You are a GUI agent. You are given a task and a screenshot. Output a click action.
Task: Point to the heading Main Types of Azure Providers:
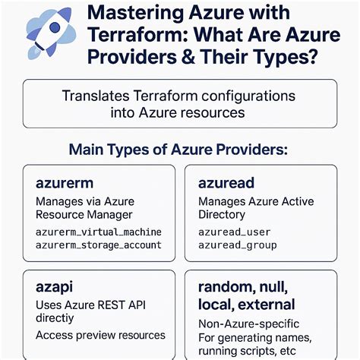(178, 149)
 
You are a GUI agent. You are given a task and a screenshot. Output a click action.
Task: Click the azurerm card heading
(64, 184)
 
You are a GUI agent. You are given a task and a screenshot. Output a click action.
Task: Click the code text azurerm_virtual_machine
(99, 232)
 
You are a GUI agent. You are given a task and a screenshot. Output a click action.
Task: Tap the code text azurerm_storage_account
(99, 245)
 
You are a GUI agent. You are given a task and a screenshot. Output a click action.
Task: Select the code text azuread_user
(234, 232)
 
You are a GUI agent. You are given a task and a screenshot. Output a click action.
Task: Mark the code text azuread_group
(237, 245)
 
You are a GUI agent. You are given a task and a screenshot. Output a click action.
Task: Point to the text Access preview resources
(100, 334)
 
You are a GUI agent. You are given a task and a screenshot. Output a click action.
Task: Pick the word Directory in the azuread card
(223, 216)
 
